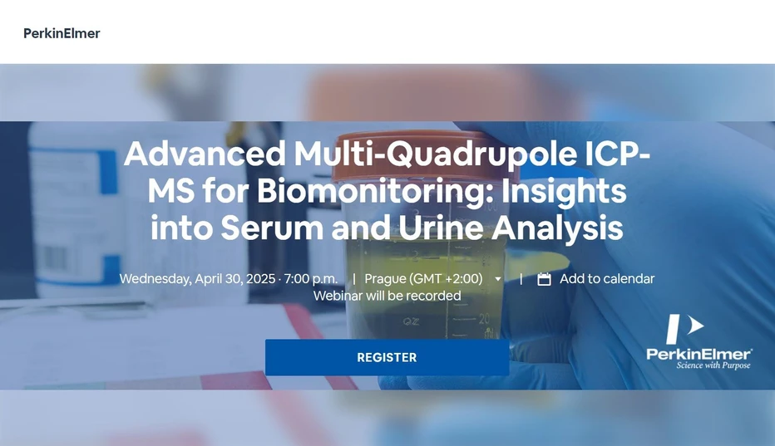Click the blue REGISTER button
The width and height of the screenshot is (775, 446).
point(387,357)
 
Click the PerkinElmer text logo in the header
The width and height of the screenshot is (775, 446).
point(62,33)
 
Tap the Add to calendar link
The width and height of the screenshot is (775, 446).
point(606,279)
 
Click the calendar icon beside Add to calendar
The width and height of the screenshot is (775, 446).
point(545,279)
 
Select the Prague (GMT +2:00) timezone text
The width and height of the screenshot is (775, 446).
point(423,279)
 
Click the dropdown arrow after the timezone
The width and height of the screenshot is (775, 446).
point(498,280)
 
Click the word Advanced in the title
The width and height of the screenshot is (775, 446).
point(205,154)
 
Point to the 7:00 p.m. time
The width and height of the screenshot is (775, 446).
point(311,279)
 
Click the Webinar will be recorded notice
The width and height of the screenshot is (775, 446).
point(387,296)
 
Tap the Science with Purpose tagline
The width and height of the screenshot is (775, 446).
point(713,365)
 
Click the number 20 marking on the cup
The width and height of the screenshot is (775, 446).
point(484,318)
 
